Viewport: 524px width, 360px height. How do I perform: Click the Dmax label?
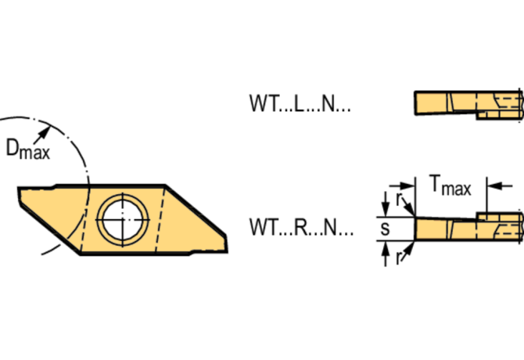click(x=28, y=149)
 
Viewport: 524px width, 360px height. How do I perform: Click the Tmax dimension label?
click(x=451, y=185)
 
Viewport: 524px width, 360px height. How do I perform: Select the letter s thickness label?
click(x=385, y=229)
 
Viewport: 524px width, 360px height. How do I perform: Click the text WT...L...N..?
click(x=300, y=103)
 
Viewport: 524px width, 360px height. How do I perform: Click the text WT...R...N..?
click(x=301, y=227)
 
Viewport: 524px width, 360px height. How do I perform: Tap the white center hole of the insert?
click(x=122, y=220)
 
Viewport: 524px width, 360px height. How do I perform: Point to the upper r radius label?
click(x=398, y=200)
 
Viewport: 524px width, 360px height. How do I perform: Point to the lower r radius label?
click(x=397, y=258)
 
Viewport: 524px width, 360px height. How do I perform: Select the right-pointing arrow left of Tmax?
click(x=402, y=185)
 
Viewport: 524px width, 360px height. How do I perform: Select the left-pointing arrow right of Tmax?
click(x=500, y=185)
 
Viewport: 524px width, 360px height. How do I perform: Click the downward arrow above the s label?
click(x=386, y=204)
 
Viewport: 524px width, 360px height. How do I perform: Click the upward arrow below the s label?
click(x=386, y=254)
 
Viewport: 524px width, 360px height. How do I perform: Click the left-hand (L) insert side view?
click(x=468, y=105)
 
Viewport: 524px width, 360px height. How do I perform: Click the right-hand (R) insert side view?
click(x=468, y=227)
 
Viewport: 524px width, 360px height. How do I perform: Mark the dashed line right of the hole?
click(x=160, y=220)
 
